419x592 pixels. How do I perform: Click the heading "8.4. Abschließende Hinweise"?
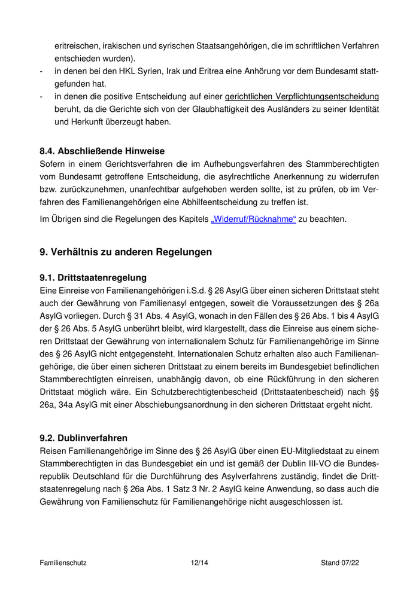pos(102,151)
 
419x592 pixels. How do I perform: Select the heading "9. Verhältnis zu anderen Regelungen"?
pos(126,252)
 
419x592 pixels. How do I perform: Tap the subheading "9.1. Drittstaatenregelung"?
pos(93,277)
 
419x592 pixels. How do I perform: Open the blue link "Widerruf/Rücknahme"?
pos(253,219)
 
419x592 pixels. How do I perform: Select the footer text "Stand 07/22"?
pos(340,563)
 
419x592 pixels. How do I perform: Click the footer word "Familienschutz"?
pos(63,563)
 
